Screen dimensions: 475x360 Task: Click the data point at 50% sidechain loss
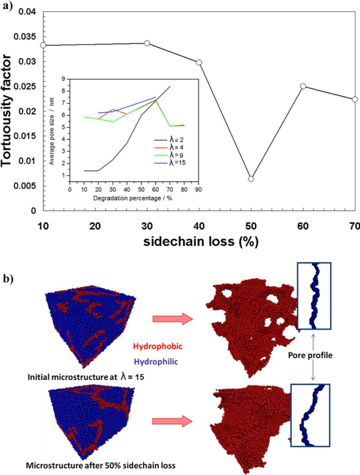[251, 179]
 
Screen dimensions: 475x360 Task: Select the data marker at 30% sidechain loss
[147, 43]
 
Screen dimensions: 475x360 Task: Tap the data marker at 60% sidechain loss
[303, 86]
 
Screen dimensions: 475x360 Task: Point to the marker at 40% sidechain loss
[199, 62]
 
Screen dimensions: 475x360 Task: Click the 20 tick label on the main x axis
[95, 226]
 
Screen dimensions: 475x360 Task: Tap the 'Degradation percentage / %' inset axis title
[133, 198]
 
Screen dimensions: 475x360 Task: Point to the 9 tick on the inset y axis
[63, 79]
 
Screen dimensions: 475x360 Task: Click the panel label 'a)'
[7, 6]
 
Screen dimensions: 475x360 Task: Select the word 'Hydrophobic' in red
[158, 347]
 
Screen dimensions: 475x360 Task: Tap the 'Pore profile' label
[310, 356]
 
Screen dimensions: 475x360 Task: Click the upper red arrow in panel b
[172, 319]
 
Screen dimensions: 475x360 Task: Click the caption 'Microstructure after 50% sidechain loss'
[100, 465]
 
